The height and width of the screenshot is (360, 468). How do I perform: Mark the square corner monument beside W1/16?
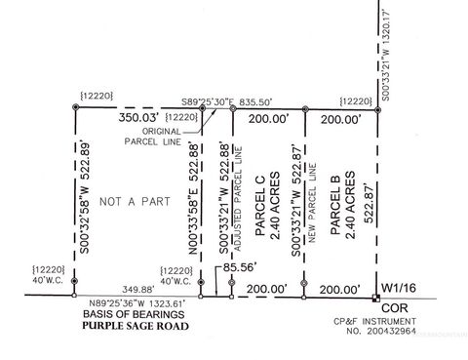point(378,297)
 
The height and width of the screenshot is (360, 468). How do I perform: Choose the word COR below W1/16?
point(396,305)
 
